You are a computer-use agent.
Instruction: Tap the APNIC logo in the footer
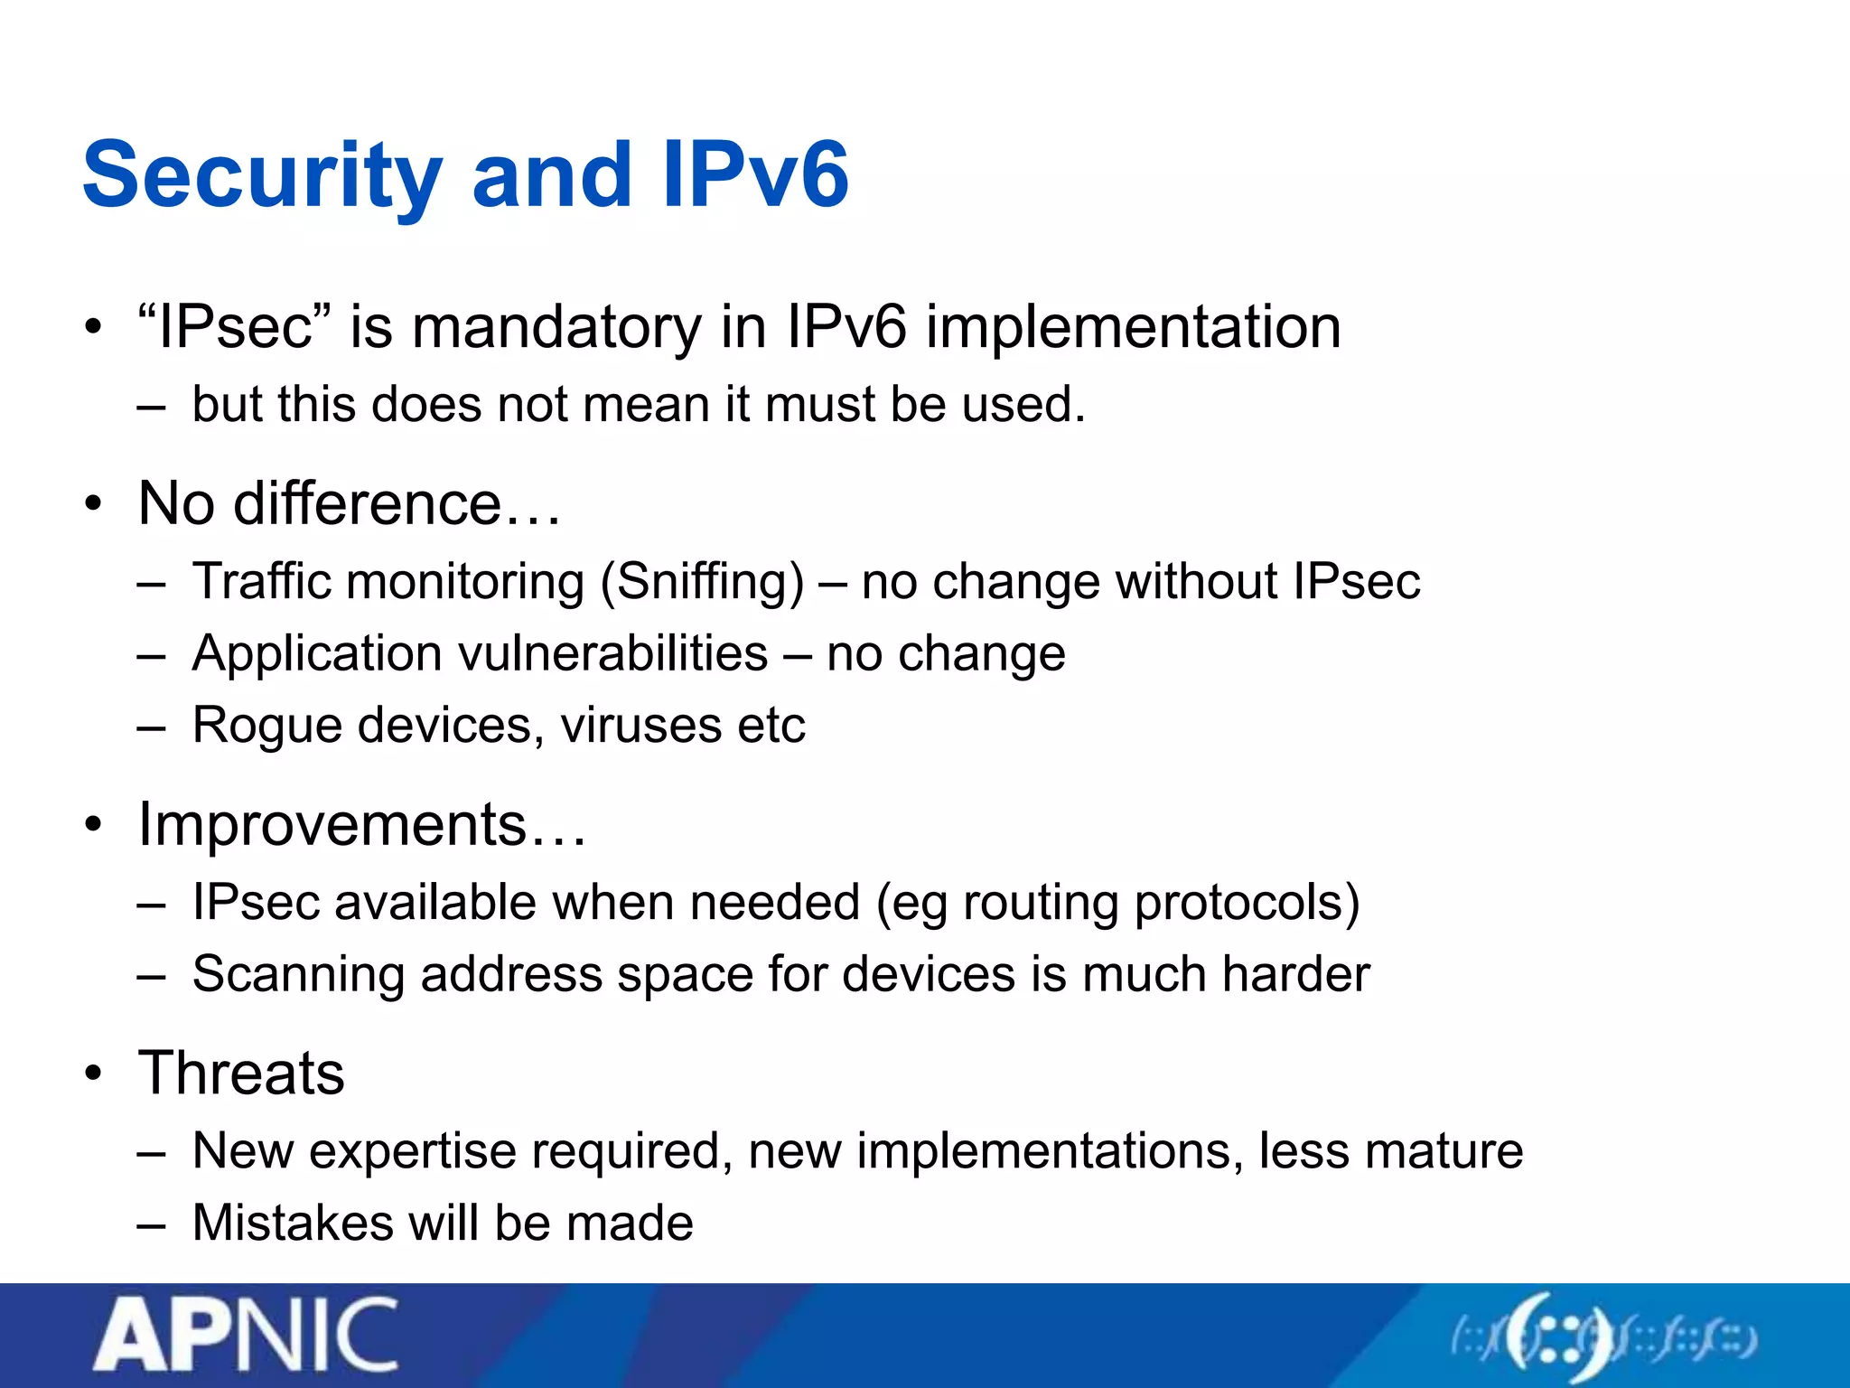(x=246, y=1335)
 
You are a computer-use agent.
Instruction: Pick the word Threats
(x=241, y=1074)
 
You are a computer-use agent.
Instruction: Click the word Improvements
(x=332, y=824)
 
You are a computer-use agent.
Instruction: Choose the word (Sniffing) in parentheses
(x=702, y=581)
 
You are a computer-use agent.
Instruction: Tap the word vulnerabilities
(x=613, y=653)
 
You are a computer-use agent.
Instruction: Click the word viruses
(x=640, y=726)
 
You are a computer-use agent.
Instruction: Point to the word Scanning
(x=298, y=974)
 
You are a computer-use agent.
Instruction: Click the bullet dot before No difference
(x=94, y=504)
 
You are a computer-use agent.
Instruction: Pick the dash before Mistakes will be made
(x=152, y=1225)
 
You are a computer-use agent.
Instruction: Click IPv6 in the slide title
(x=755, y=176)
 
